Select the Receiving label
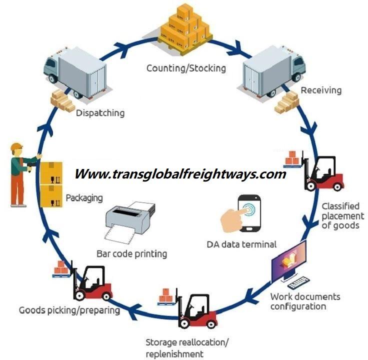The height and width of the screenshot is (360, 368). tap(321, 90)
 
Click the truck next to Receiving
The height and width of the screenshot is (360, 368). tap(272, 75)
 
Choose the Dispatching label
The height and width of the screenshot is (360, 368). tap(100, 113)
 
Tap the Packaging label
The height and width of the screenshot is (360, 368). tap(84, 197)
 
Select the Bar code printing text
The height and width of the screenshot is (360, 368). tap(131, 253)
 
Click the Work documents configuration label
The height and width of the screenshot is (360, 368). tap(305, 301)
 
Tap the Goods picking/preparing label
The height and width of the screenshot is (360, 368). tap(69, 310)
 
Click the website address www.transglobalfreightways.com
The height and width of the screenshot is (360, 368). tap(180, 174)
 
